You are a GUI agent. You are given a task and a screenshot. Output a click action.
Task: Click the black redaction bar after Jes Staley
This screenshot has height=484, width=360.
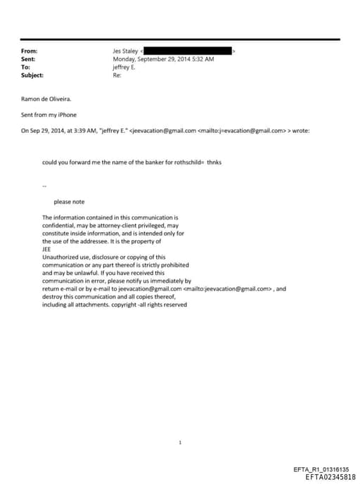(189, 51)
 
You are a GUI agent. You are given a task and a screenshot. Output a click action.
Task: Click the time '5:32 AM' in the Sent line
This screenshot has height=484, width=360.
(202, 59)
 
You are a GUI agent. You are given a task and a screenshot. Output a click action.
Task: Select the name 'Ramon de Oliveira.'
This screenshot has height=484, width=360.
(46, 99)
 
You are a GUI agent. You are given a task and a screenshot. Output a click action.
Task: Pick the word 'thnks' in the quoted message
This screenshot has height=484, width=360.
(214, 163)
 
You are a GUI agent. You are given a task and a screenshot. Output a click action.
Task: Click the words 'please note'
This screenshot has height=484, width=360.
(69, 202)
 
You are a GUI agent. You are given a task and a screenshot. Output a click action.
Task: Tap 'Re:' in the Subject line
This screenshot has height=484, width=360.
(117, 75)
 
